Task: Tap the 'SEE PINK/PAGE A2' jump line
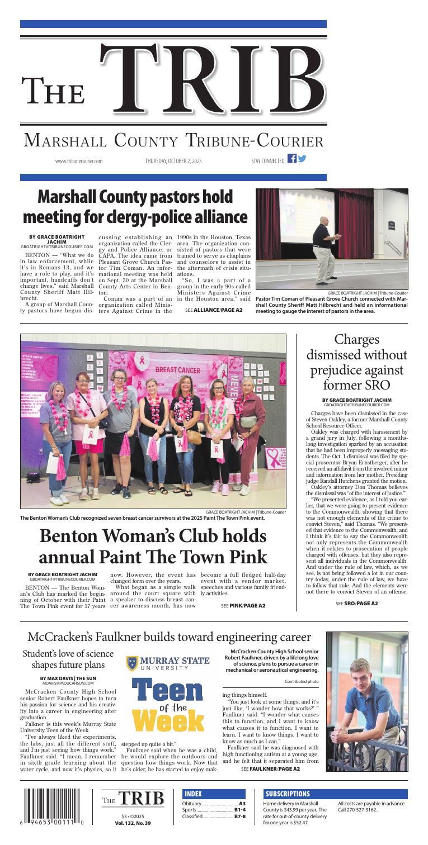pyautogui.click(x=243, y=605)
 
